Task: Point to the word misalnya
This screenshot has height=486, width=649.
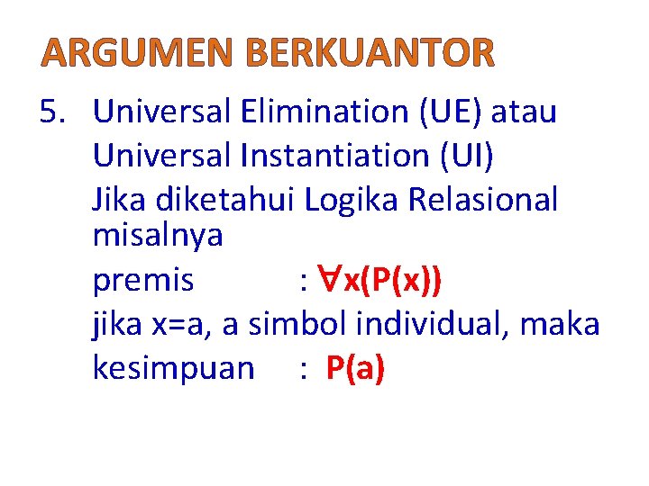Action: (158, 238)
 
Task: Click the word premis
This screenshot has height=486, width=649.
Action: (143, 281)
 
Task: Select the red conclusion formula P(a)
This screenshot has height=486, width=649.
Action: (355, 368)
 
